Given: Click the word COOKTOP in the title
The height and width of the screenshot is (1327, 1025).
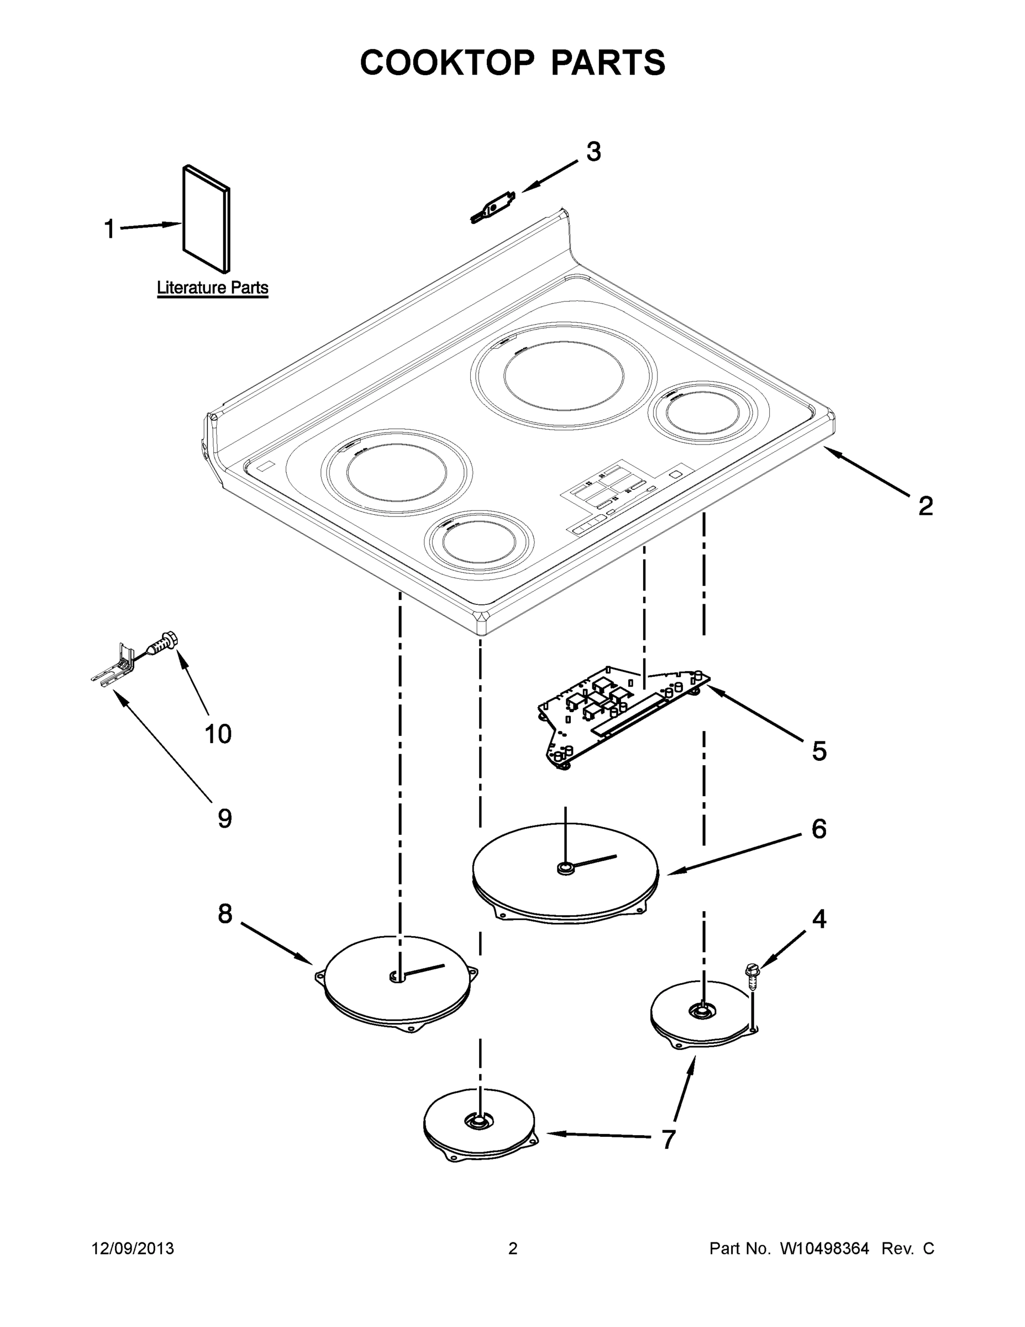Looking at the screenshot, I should (x=448, y=62).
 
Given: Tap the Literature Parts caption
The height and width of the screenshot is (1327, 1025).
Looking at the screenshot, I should (x=213, y=288).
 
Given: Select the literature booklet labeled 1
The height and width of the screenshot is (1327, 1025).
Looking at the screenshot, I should (x=206, y=219).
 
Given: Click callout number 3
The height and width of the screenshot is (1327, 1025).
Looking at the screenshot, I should (x=593, y=152).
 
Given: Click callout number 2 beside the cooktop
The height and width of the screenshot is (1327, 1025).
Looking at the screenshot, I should (x=925, y=505).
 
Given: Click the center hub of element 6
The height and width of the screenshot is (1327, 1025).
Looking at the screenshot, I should (x=565, y=869).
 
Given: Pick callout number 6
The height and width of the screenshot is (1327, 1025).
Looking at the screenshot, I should (x=818, y=829).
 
